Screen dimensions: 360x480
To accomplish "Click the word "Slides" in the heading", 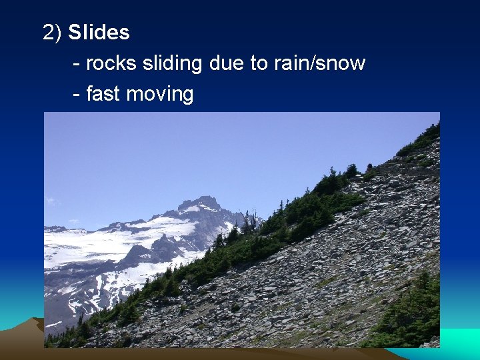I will (99, 32).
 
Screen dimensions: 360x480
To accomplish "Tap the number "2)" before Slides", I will (53, 32).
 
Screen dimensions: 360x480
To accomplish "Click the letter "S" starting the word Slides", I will (74, 32).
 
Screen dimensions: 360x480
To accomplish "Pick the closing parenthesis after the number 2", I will (59, 32).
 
